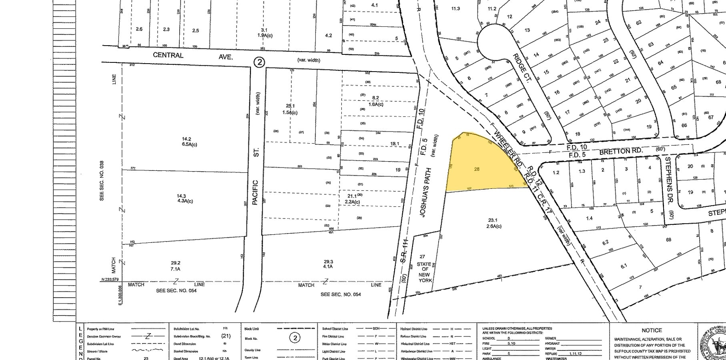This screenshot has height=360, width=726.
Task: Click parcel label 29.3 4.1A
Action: click(x=328, y=264)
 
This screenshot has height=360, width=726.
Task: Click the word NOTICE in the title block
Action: click(x=652, y=330)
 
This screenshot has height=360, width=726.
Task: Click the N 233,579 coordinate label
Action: click(x=110, y=280)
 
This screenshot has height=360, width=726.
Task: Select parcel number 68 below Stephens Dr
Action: click(x=668, y=240)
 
